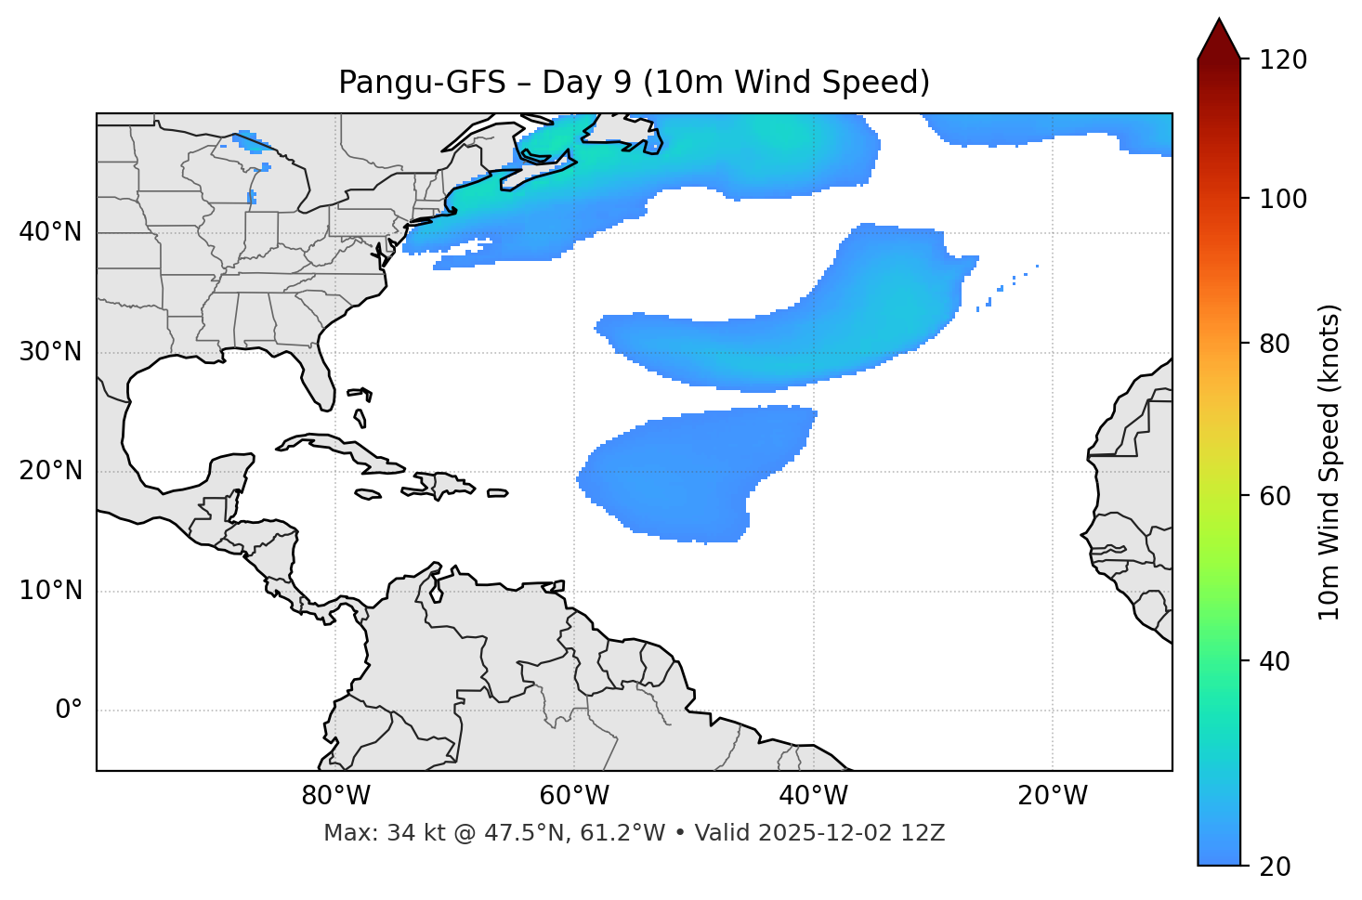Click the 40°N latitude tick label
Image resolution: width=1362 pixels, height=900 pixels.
(50, 232)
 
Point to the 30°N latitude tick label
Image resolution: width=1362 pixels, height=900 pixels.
(50, 352)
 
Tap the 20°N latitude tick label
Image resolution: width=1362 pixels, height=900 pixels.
(50, 471)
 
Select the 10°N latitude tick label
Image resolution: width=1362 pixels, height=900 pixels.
(50, 591)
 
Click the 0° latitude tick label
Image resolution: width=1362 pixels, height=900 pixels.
(69, 711)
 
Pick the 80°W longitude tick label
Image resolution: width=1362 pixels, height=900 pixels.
(335, 796)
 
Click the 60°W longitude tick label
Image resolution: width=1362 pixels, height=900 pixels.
(574, 796)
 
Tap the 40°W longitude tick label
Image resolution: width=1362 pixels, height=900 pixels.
(813, 796)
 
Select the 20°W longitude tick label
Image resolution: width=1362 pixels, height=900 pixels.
(1052, 796)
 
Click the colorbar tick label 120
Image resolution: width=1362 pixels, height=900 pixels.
(1282, 60)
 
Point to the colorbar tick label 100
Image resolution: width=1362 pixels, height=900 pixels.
(1282, 199)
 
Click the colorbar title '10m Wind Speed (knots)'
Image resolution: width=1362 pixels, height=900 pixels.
(1330, 462)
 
